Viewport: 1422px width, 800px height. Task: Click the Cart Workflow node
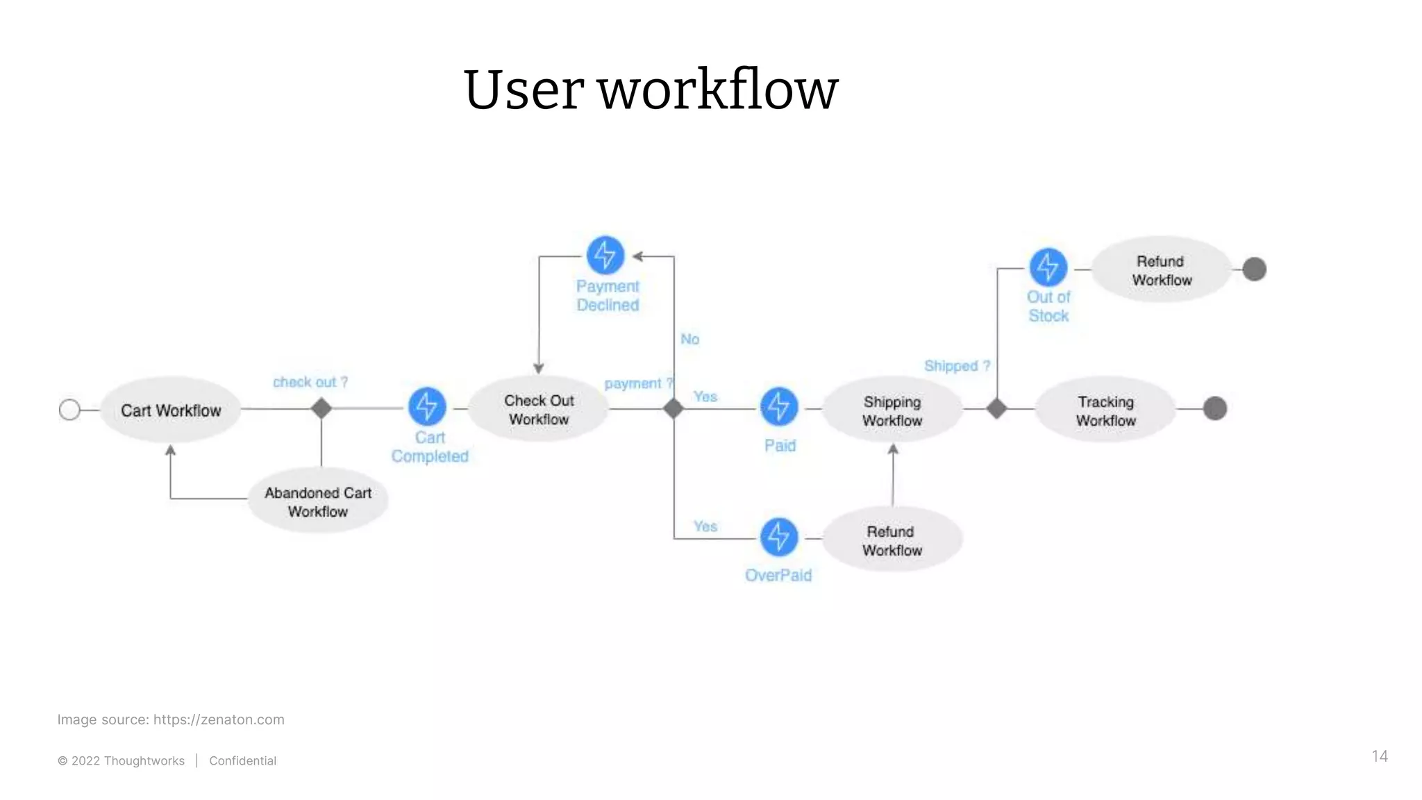click(x=171, y=410)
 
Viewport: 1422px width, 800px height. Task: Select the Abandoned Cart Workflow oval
click(x=318, y=501)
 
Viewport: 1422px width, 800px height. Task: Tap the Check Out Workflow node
click(x=539, y=410)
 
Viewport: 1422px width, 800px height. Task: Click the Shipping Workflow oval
click(x=892, y=410)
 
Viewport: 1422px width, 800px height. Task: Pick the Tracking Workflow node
click(x=1105, y=410)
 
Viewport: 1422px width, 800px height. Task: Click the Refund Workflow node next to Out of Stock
click(x=1162, y=270)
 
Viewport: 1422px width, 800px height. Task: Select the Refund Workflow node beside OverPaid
click(x=892, y=540)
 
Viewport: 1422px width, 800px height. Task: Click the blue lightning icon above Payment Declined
click(x=605, y=255)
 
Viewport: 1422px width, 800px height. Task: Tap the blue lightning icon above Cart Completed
click(x=427, y=406)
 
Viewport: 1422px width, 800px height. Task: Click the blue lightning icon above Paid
click(x=779, y=406)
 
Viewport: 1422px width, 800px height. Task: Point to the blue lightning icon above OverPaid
click(x=779, y=537)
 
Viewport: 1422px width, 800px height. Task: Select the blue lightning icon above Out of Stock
click(x=1048, y=267)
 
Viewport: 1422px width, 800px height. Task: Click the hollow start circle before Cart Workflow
click(x=69, y=410)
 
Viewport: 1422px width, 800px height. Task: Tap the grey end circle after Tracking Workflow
click(x=1214, y=408)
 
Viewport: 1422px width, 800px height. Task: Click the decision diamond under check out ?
click(x=321, y=408)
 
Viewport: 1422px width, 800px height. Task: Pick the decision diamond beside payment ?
click(x=674, y=408)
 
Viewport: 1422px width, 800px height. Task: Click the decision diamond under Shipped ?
click(x=997, y=408)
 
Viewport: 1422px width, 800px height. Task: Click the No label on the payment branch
click(x=689, y=339)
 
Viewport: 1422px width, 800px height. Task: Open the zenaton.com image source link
click(x=219, y=719)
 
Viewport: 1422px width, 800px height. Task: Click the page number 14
click(x=1379, y=756)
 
